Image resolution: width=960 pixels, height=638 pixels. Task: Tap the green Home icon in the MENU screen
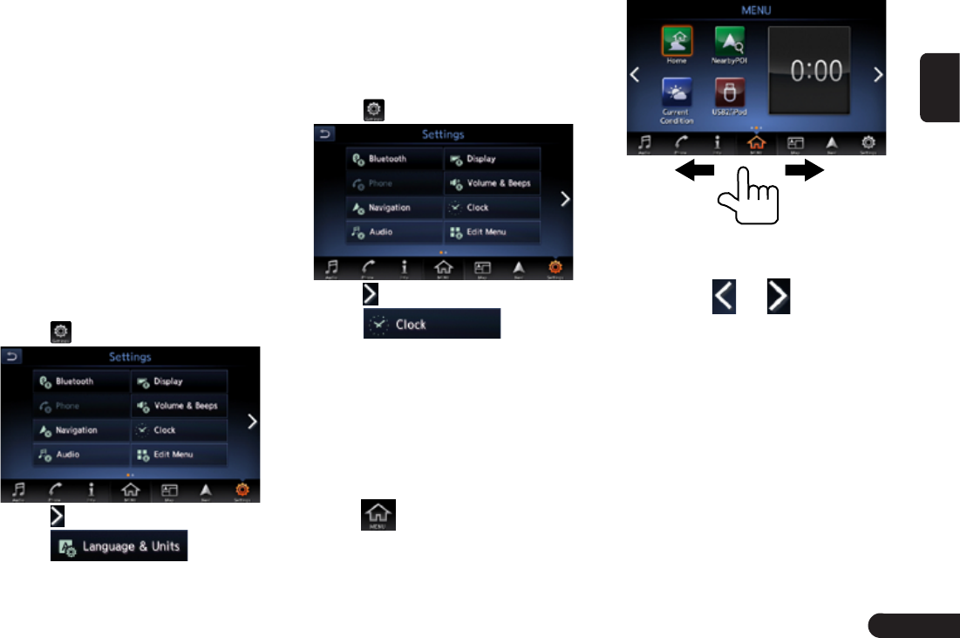pyautogui.click(x=677, y=41)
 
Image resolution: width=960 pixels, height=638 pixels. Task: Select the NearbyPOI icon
pyautogui.click(x=729, y=41)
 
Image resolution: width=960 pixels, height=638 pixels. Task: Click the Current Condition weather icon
pyautogui.click(x=677, y=93)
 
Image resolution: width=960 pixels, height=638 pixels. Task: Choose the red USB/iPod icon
pyautogui.click(x=729, y=93)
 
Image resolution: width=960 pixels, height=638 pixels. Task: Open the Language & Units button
pyautogui.click(x=119, y=546)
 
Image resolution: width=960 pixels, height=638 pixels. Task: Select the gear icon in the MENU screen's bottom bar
pyautogui.click(x=868, y=144)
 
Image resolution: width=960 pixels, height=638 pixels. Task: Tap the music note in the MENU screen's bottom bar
pyautogui.click(x=644, y=144)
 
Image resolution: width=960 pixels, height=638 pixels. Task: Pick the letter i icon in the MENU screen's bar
pyautogui.click(x=718, y=144)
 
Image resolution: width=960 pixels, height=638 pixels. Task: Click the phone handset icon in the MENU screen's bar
pyautogui.click(x=681, y=144)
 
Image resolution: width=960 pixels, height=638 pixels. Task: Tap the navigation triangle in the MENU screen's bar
pyautogui.click(x=831, y=144)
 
